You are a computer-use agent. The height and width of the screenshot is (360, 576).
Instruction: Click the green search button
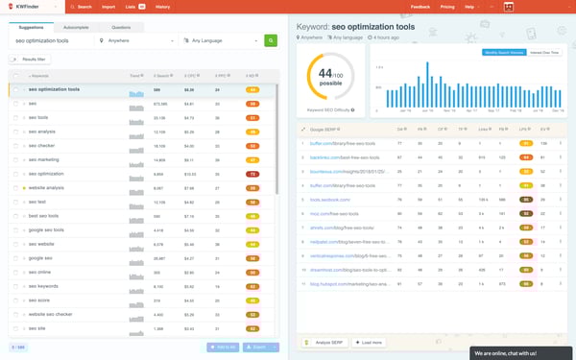tap(270, 40)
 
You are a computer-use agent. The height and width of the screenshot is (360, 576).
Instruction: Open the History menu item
tap(164, 6)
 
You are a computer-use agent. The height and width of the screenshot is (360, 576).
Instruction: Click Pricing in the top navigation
tap(447, 6)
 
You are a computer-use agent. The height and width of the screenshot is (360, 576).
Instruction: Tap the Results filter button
tap(30, 60)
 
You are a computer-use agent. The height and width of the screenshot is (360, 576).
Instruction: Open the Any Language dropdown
tap(220, 41)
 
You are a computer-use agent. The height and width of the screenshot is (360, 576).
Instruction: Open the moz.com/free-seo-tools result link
tap(331, 214)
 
